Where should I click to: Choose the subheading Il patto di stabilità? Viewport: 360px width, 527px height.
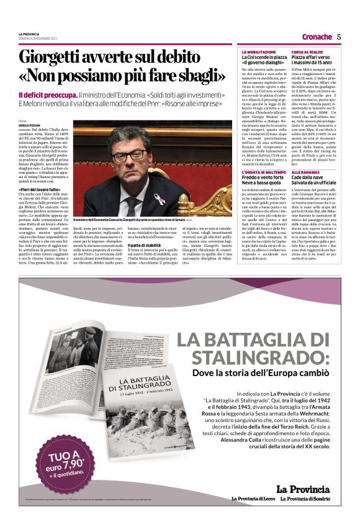144,246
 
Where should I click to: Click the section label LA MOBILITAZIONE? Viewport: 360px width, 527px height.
259,52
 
